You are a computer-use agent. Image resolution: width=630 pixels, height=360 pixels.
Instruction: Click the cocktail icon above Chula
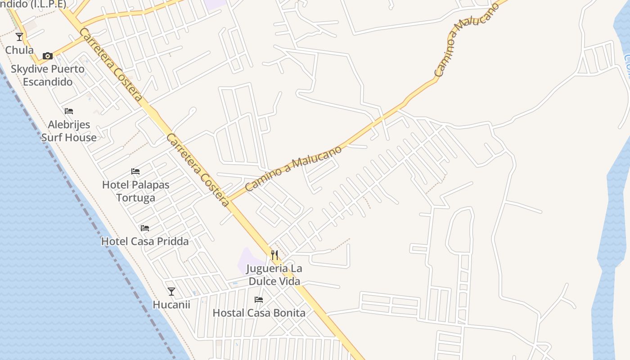[19, 37]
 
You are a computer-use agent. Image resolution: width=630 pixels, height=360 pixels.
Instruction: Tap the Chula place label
[19, 49]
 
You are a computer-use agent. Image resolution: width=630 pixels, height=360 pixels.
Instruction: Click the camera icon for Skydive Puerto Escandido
[47, 56]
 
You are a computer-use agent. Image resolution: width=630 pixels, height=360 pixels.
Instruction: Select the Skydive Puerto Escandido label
[48, 75]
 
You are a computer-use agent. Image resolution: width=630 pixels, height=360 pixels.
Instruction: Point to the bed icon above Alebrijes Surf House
[69, 111]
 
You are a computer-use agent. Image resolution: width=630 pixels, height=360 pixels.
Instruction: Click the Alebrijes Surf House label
[69, 131]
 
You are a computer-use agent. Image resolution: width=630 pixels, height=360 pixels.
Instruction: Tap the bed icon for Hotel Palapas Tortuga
[135, 171]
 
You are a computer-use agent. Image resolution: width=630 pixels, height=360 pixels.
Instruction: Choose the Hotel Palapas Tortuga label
[135, 191]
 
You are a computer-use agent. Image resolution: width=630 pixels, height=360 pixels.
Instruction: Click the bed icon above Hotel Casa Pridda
[145, 228]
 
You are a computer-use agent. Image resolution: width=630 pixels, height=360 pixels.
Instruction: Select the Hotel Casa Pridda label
[145, 241]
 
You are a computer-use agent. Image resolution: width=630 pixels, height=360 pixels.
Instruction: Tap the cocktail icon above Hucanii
[171, 292]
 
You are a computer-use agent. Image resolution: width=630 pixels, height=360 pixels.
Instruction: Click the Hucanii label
[171, 305]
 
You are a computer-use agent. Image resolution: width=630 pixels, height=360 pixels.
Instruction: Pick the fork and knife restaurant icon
[274, 255]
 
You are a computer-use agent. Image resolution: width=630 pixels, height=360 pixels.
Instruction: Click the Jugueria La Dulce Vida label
[274, 275]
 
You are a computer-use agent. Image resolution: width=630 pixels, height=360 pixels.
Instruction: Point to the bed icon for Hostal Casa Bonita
[259, 300]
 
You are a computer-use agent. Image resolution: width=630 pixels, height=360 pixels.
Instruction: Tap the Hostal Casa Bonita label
[259, 313]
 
